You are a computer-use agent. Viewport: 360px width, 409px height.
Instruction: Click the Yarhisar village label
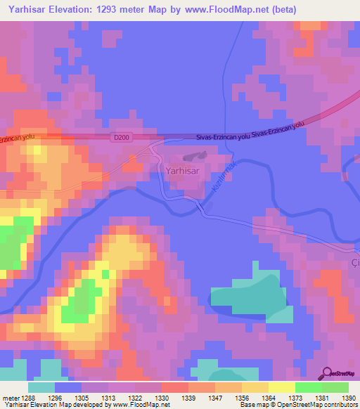point(186,170)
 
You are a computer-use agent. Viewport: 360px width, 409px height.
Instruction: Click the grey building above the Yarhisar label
point(192,158)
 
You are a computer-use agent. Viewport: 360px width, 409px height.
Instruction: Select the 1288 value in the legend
point(26,398)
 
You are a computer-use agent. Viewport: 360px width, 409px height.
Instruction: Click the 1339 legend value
point(188,398)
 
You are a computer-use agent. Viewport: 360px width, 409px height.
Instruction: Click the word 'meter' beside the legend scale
point(9,398)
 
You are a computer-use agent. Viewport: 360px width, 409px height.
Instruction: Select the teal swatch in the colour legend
point(41,387)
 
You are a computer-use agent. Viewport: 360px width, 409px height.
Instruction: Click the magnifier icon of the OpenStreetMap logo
point(326,373)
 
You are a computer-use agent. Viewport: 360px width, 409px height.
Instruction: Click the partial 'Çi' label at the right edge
point(355,262)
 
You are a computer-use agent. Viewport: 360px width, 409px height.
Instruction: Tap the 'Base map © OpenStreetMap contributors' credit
point(297,405)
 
